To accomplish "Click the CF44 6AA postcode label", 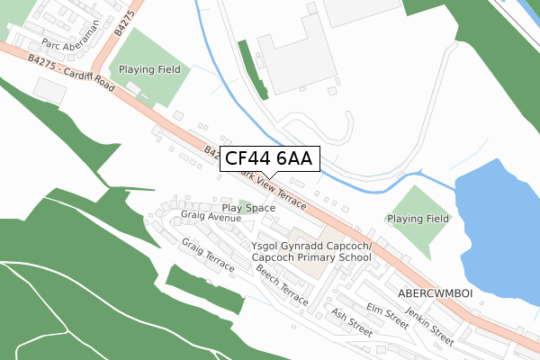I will (269, 159).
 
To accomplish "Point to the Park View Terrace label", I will (269, 190).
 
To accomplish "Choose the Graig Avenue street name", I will (211, 217).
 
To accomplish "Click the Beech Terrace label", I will (282, 282).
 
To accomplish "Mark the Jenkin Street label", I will (429, 319).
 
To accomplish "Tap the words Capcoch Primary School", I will (311, 257).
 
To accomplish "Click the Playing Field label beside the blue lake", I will (418, 219).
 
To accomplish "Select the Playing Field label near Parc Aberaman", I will (148, 69).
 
